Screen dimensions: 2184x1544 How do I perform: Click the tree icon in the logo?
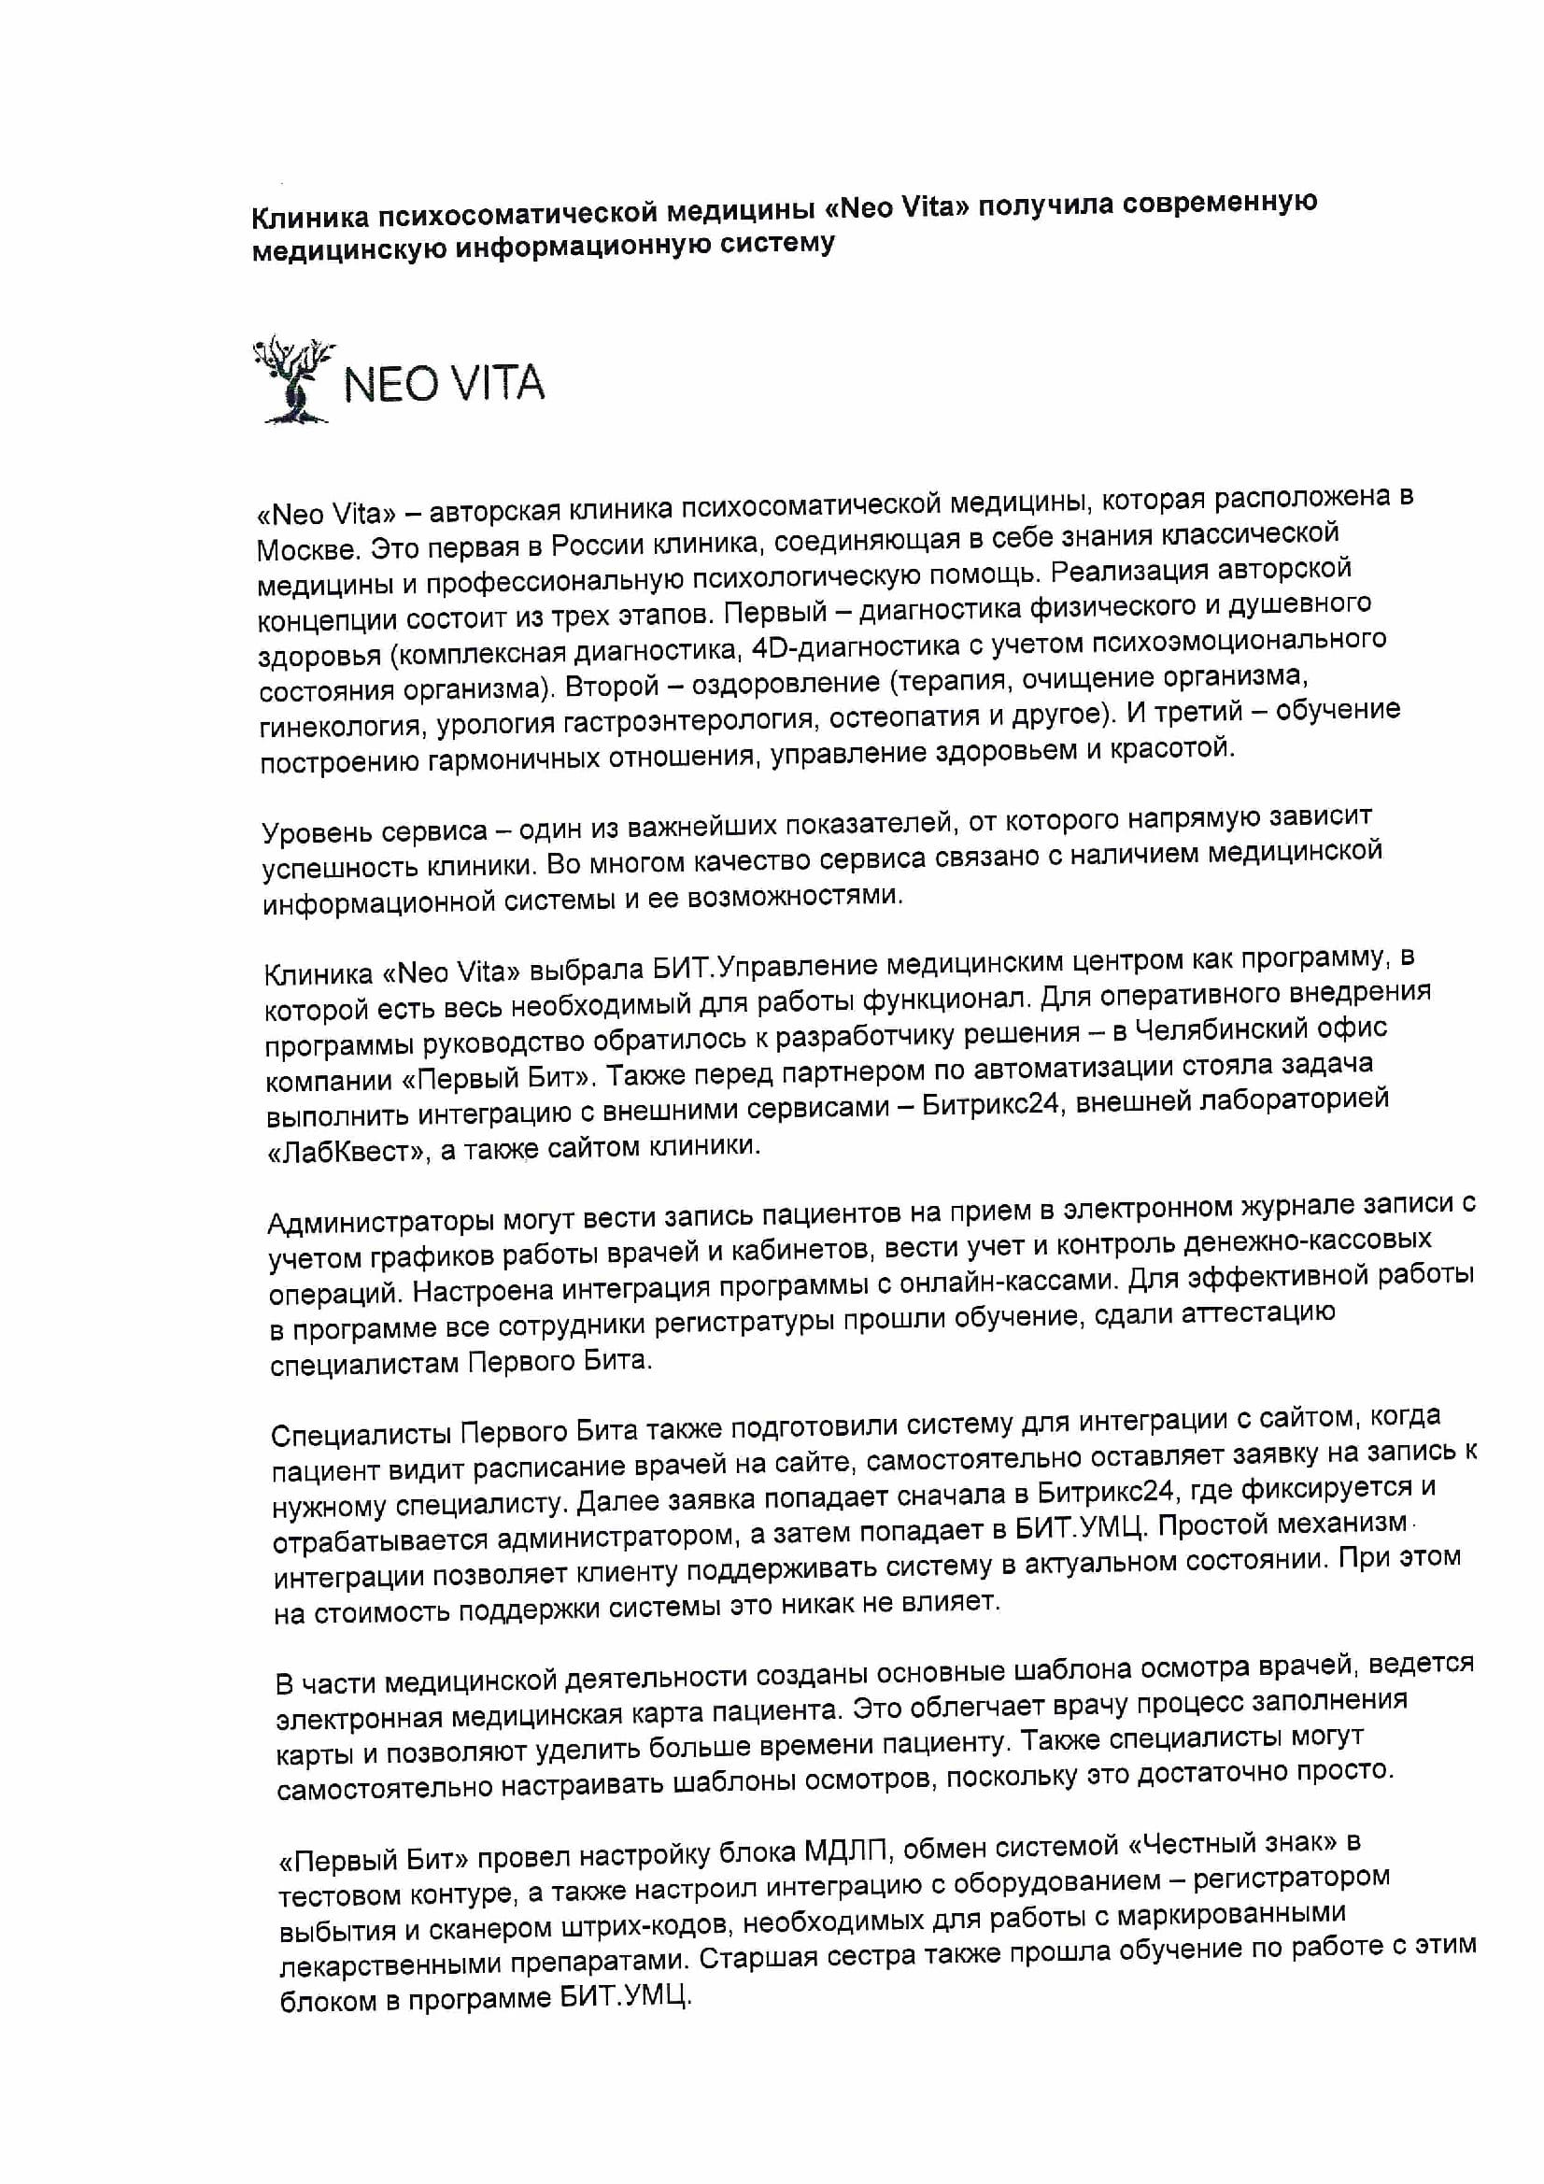(x=293, y=379)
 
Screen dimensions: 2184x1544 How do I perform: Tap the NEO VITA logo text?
(x=444, y=383)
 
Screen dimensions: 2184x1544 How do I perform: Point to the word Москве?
(x=307, y=549)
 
